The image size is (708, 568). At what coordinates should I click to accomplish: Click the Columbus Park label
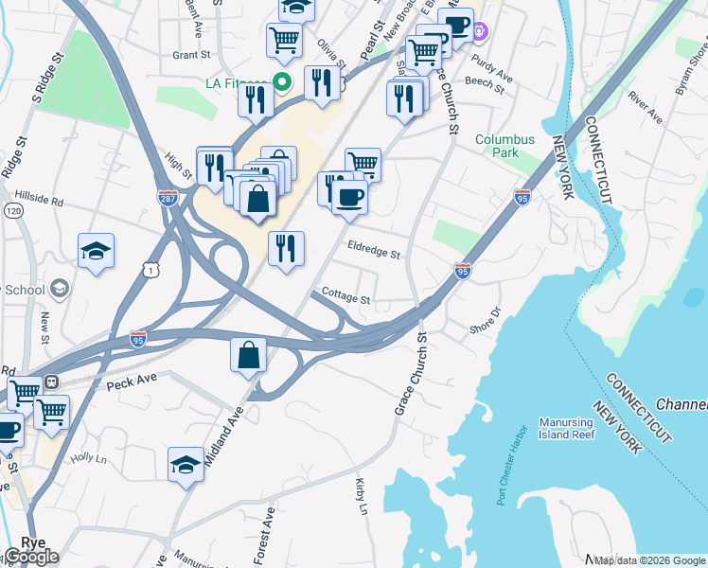pos(504,145)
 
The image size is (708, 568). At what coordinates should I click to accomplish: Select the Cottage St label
pos(345,296)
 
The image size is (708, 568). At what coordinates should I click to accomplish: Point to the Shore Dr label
pos(485,320)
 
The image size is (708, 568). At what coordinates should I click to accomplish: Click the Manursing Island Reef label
pos(566,427)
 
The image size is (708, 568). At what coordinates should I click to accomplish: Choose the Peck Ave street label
pos(131,385)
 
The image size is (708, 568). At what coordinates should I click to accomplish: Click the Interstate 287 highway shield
pos(167,198)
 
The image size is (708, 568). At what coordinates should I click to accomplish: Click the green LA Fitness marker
pos(281,82)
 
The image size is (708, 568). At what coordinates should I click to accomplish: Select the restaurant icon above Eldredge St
pos(286,249)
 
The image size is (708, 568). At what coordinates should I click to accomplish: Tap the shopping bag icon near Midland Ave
pos(248,355)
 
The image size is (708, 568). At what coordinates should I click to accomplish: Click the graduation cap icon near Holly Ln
pos(186,464)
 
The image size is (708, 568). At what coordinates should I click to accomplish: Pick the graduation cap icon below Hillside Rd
pos(96,251)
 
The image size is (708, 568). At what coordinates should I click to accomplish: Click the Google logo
pos(30,557)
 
